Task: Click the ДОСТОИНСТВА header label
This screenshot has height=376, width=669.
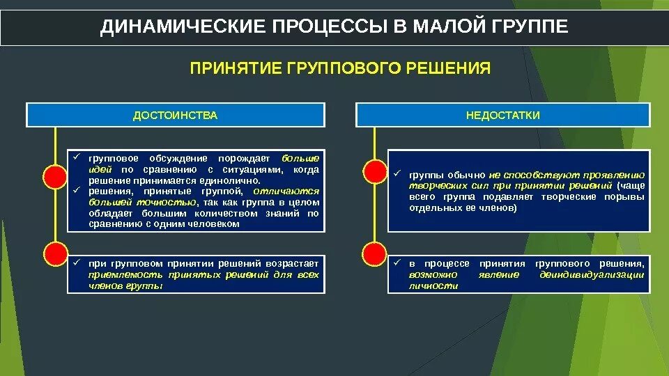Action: point(176,115)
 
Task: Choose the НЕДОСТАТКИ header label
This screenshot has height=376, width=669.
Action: point(503,115)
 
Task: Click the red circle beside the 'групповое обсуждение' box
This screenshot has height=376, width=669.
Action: point(54,178)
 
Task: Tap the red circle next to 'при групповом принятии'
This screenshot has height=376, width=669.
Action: point(54,253)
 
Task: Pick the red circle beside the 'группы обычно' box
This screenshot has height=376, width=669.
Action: point(375,171)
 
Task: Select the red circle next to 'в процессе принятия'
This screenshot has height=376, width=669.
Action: point(375,253)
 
